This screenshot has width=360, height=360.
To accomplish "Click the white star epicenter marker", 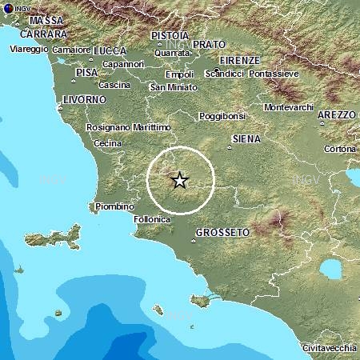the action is click(180, 180).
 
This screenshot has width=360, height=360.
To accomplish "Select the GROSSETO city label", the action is click(222, 232).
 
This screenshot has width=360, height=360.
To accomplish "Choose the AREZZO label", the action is click(336, 115).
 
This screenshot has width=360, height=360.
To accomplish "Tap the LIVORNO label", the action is click(83, 99).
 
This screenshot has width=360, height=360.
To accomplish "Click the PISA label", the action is click(86, 73).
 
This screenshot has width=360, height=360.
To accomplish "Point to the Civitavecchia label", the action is click(327, 349).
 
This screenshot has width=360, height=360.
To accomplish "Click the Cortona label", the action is click(340, 149).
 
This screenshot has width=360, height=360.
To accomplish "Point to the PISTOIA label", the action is click(170, 35).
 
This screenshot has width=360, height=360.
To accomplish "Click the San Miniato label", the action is click(172, 86).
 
